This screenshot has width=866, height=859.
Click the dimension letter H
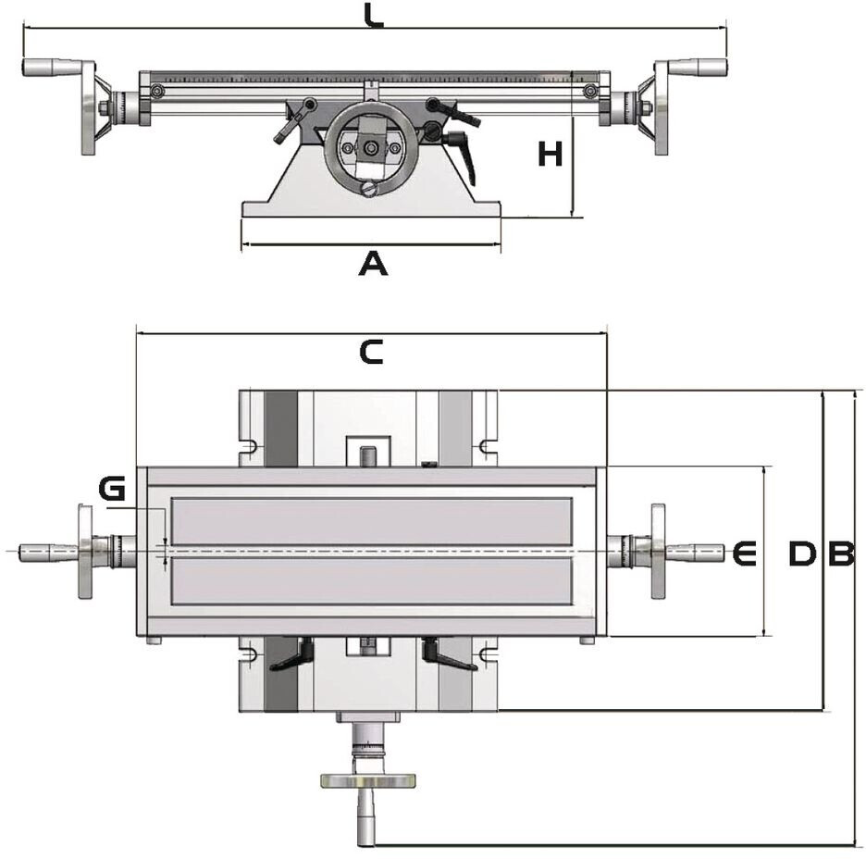pos(551,154)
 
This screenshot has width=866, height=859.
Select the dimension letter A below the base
pos(372,265)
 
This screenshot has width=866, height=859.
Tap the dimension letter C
pos(370,353)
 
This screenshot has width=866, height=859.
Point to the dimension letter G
pos(112,489)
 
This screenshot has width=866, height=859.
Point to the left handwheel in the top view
pos(85,552)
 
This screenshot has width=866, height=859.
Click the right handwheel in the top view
pos(658,552)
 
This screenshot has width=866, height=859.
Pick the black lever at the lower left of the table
pos(292,656)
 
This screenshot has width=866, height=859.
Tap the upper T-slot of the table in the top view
pos(370,521)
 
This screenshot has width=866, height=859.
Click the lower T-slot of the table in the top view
pos(370,581)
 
